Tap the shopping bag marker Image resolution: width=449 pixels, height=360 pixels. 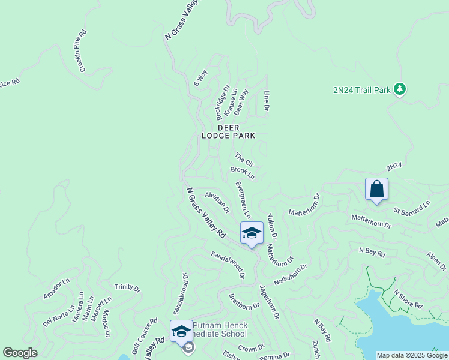click(x=376, y=190)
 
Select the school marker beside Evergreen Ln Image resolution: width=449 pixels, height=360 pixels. click(x=252, y=233)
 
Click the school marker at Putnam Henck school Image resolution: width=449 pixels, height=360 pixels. click(x=181, y=331)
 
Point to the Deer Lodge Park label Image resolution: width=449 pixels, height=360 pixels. click(x=236, y=132)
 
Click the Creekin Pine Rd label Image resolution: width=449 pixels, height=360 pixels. click(x=83, y=51)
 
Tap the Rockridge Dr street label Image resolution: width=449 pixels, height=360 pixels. click(x=223, y=102)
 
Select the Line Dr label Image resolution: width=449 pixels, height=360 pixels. click(x=266, y=101)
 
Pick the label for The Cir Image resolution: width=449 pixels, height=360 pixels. click(x=244, y=160)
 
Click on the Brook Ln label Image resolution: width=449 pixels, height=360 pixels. click(x=243, y=173)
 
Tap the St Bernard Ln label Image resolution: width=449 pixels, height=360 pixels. click(x=412, y=207)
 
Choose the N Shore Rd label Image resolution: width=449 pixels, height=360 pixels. click(x=408, y=299)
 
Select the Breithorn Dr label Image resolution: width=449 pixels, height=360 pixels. click(x=244, y=301)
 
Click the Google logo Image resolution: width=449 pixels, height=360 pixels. click(x=20, y=353)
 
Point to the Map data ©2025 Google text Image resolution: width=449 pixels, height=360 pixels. click(x=412, y=355)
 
